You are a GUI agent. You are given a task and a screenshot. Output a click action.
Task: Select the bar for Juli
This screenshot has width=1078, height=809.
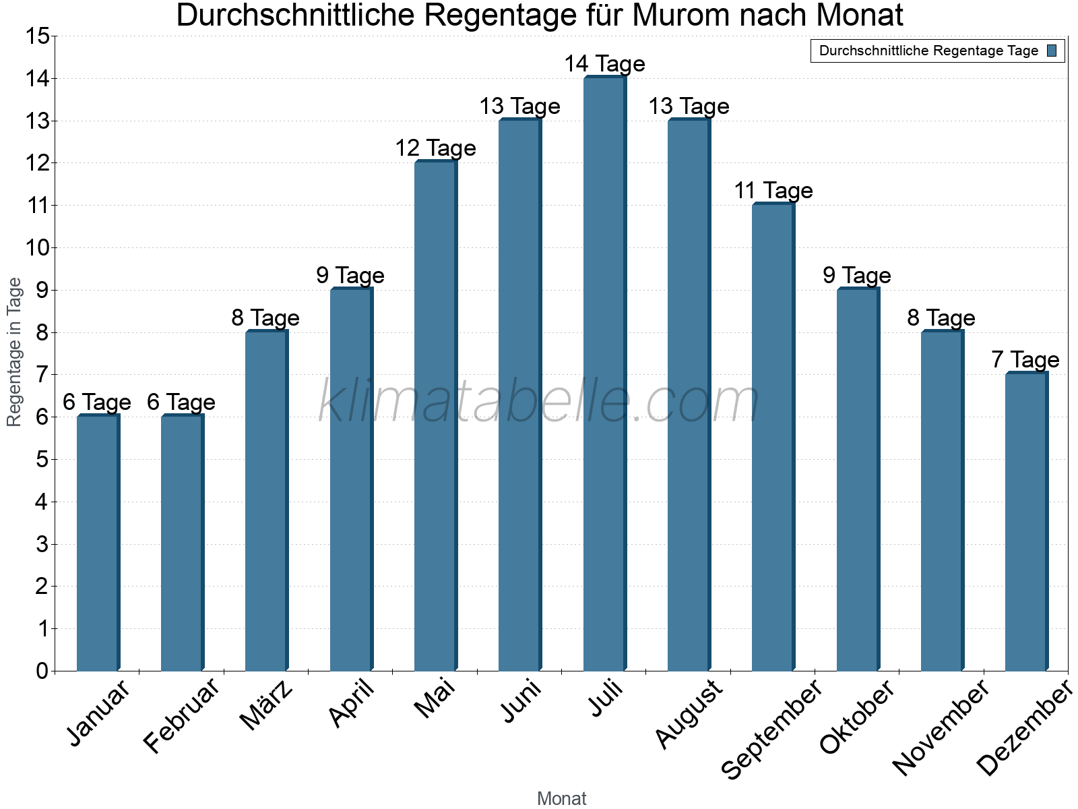tap(604, 374)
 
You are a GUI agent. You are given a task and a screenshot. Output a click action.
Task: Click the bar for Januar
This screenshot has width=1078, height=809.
tap(98, 543)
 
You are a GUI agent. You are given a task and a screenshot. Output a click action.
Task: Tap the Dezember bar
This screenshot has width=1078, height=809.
tap(1026, 522)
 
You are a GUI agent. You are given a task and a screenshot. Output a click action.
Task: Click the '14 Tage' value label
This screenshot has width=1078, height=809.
tap(604, 64)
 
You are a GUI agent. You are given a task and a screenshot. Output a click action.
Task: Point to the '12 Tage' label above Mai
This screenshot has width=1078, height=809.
tap(435, 148)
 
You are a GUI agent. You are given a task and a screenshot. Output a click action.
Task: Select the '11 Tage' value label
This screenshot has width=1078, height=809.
tap(773, 191)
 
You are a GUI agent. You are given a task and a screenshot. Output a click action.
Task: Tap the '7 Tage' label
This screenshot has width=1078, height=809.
tap(1025, 360)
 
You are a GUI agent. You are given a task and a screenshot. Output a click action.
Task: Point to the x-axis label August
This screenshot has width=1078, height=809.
tap(689, 715)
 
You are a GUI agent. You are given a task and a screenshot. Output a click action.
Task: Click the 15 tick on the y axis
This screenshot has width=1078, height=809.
tap(37, 36)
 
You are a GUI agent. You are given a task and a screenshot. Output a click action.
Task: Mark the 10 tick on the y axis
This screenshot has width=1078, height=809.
tap(37, 248)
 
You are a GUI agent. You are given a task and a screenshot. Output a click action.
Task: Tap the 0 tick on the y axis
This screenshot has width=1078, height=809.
tap(42, 671)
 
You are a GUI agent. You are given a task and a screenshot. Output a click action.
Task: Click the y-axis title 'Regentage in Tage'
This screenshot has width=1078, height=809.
tap(15, 352)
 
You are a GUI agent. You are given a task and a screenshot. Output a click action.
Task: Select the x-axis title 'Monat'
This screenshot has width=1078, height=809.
tap(561, 799)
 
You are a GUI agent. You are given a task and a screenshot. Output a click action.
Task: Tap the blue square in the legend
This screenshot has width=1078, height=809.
tap(1052, 51)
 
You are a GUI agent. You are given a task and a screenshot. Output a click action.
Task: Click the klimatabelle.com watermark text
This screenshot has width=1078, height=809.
tap(539, 401)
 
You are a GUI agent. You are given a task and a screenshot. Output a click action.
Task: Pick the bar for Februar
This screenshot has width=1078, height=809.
tap(182, 543)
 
